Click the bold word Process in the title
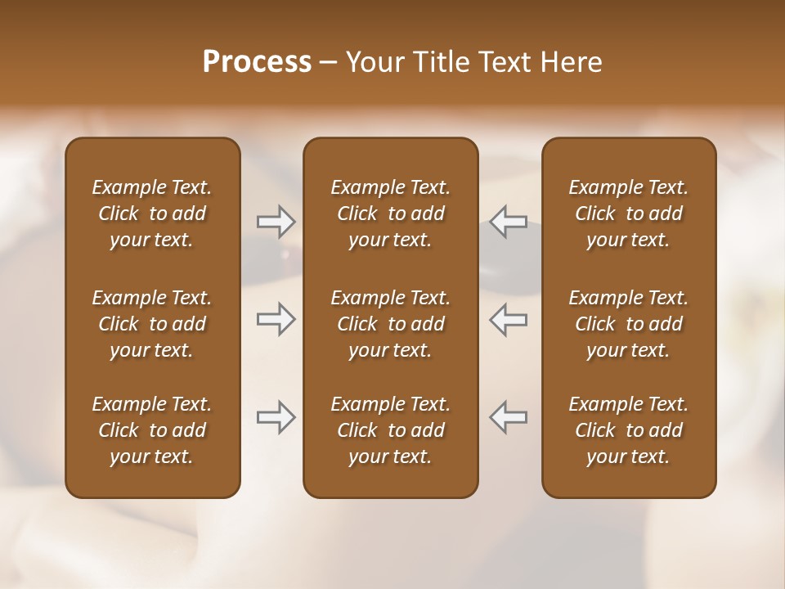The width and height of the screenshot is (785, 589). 257,62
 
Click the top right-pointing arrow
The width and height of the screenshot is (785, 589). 276,221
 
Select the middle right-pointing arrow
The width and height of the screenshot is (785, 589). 276,320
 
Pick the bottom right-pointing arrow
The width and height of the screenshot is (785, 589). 276,417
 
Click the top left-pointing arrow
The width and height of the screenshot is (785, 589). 508,221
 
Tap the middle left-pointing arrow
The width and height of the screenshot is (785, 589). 508,320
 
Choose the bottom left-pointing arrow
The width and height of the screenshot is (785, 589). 508,417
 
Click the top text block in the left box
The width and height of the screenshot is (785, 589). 152,214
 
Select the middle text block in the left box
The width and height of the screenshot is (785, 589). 152,324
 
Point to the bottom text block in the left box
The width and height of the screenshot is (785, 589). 152,430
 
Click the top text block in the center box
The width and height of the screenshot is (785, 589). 390,214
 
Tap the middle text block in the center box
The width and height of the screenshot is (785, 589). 390,324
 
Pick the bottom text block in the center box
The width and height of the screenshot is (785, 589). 390,430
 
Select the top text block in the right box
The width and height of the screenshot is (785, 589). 628,214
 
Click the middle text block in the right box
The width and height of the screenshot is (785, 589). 628,324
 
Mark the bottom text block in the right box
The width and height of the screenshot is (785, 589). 628,430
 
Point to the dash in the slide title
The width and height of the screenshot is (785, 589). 329,63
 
